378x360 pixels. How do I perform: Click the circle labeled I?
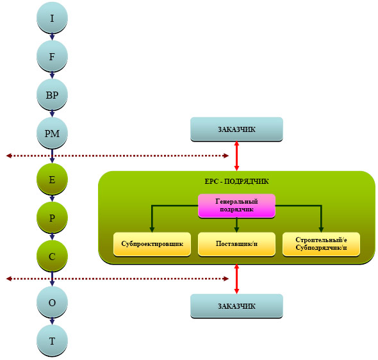coord(52,17)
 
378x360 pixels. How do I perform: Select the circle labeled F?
coord(52,56)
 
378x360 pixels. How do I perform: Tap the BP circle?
coord(52,95)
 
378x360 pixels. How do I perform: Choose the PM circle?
coord(52,133)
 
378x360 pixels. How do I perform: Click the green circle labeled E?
coord(52,179)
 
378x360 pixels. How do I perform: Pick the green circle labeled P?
coord(52,218)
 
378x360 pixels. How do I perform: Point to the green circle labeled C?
coord(52,256)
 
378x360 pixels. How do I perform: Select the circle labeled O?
coord(52,302)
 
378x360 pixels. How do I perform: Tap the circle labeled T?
coord(52,341)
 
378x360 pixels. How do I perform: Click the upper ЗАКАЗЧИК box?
coord(236,129)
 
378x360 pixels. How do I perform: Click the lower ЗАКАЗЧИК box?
coord(236,306)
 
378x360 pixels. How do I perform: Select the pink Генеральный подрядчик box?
coord(236,206)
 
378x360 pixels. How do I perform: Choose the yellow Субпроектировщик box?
coord(152,244)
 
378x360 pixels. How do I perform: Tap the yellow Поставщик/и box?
coord(236,244)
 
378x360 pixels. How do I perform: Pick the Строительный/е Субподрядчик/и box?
coord(321,244)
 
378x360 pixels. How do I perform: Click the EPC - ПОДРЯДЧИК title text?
coord(236,181)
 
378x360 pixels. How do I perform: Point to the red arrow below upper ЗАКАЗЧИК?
coord(236,156)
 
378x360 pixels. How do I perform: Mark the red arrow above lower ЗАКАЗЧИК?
coord(236,279)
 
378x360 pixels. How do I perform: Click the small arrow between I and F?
coord(52,37)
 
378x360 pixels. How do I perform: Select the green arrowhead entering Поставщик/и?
coord(236,229)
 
